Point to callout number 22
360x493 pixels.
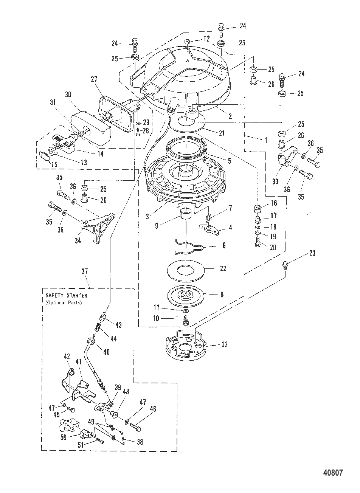[223, 268]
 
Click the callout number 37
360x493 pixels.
[84, 271]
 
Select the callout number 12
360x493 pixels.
[206, 39]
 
